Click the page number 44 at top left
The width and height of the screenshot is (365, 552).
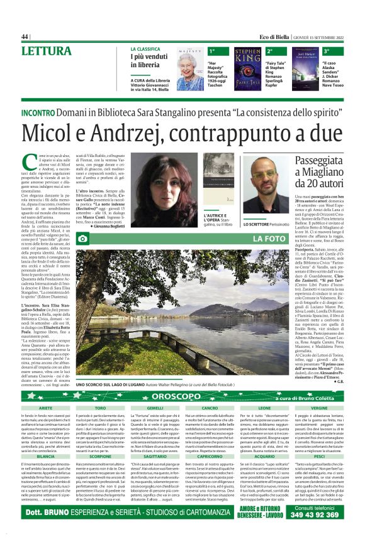[x=25, y=36]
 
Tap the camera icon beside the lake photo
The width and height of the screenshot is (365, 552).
[x=82, y=239]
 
